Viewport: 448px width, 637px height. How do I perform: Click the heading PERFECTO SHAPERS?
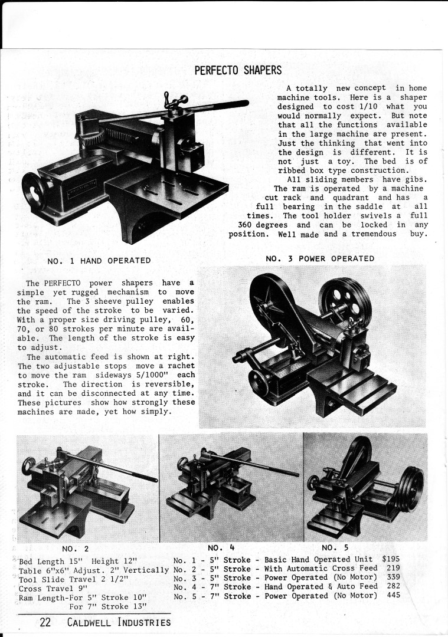point(238,71)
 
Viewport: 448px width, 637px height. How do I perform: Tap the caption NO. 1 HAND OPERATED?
point(99,261)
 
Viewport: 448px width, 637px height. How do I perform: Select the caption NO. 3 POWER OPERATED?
point(320,258)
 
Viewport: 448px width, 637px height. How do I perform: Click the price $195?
point(392,559)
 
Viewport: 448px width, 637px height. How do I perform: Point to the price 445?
point(393,596)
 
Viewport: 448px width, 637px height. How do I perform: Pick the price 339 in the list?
point(393,577)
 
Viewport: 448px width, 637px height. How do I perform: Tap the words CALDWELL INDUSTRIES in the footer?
point(119,622)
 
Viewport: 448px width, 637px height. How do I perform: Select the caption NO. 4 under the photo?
point(223,547)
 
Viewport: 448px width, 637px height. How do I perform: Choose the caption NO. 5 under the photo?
point(335,547)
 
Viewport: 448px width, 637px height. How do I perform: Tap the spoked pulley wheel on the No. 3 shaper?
point(345,301)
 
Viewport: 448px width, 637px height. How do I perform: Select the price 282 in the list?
point(393,586)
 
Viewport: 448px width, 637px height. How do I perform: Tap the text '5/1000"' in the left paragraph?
point(156,375)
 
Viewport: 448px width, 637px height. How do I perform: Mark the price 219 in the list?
point(393,568)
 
